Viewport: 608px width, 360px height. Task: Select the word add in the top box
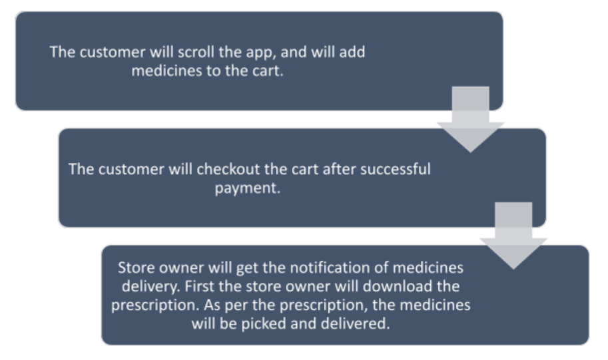point(352,52)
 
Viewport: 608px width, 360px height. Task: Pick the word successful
point(396,169)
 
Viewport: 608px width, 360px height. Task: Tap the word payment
point(247,188)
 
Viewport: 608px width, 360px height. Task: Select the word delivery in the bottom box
point(151,287)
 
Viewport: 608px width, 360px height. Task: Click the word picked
point(264,324)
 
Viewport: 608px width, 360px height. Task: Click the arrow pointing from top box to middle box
point(470,119)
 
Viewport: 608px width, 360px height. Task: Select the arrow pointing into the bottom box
point(513,236)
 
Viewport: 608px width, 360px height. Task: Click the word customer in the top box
point(113,52)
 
